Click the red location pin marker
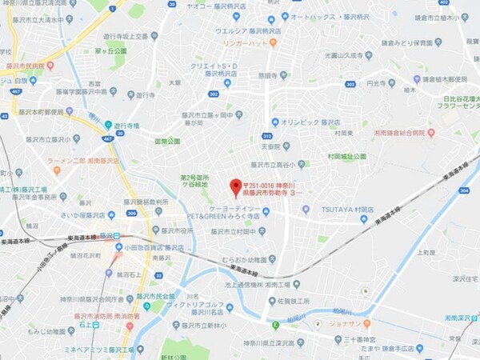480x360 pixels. [x=235, y=188]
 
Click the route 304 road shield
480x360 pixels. [x=465, y=191]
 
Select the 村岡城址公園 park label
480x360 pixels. [x=346, y=157]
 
